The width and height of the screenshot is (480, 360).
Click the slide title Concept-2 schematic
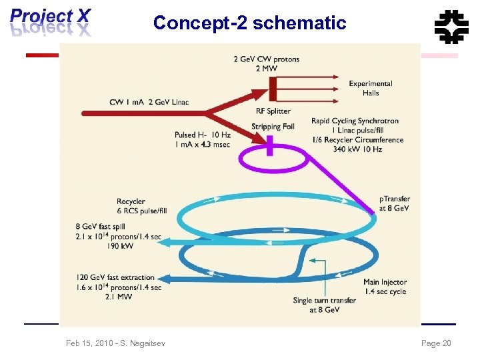pos(249,23)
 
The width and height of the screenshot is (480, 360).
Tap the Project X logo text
pos(50,15)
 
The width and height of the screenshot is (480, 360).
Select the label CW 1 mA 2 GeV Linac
pos(149,101)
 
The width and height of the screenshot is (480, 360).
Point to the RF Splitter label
pos(273,111)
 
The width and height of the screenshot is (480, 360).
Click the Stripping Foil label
pos(273,127)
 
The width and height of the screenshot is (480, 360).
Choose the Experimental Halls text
pos(371,88)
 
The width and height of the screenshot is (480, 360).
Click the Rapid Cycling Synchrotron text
pos(355,121)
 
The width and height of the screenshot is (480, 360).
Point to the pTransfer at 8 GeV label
pos(395,203)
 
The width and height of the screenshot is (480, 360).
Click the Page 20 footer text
pos(436,343)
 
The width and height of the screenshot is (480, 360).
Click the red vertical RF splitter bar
pos(273,87)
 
